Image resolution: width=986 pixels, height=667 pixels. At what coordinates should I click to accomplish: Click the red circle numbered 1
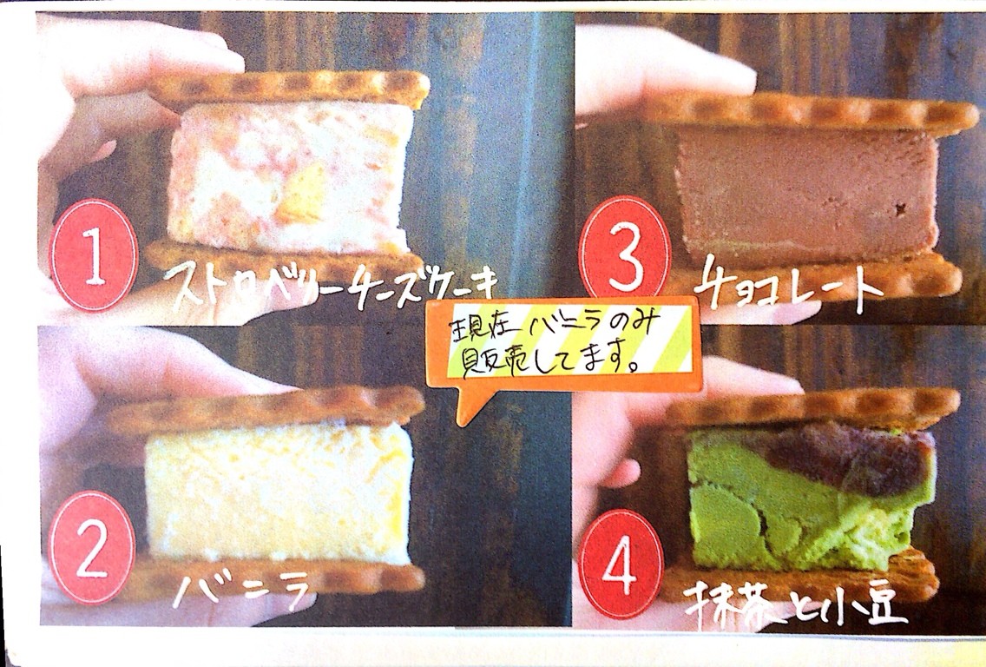[x=94, y=254]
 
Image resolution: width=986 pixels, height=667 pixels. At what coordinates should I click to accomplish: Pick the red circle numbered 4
[x=621, y=565]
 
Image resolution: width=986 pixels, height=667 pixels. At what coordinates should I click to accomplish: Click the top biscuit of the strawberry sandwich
[x=289, y=90]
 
